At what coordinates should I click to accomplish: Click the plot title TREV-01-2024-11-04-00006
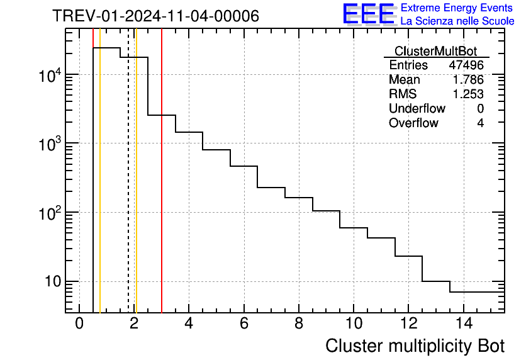pyautogui.click(x=155, y=16)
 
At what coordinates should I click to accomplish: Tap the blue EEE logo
pyautogui.click(x=369, y=14)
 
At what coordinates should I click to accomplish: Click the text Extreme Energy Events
pyautogui.click(x=457, y=8)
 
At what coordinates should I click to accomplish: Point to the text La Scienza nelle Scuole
pyautogui.click(x=457, y=21)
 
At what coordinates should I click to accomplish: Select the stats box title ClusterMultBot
pyautogui.click(x=435, y=51)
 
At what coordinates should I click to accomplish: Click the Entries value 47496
pyautogui.click(x=466, y=65)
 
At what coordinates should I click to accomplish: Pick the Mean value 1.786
pyautogui.click(x=468, y=80)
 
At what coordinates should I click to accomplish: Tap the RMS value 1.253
pyautogui.click(x=468, y=94)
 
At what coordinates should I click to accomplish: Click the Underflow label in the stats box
pyautogui.click(x=417, y=108)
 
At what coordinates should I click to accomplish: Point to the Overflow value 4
pyautogui.click(x=480, y=123)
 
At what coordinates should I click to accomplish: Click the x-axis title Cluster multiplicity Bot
pyautogui.click(x=415, y=346)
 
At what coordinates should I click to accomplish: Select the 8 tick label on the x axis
pyautogui.click(x=299, y=323)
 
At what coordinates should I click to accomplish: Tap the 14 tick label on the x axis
pyautogui.click(x=463, y=323)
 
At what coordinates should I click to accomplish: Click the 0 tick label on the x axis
pyautogui.click(x=79, y=323)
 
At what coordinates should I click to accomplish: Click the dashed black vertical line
pyautogui.click(x=128, y=189)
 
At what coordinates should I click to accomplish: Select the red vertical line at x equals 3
pyautogui.click(x=162, y=189)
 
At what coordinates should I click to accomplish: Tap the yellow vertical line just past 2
pyautogui.click(x=136, y=189)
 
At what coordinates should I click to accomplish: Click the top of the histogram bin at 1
pyautogui.click(x=107, y=48)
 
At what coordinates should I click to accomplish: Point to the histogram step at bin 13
pyautogui.click(x=436, y=281)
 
